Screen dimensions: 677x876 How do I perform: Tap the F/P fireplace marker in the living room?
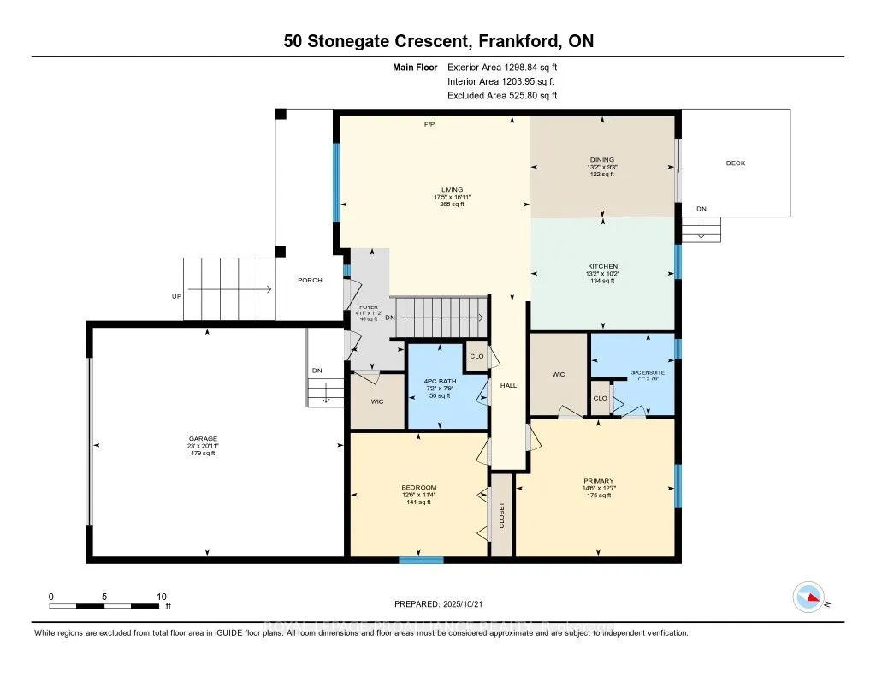[x=429, y=125]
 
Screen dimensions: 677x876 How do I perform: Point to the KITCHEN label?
[x=602, y=266]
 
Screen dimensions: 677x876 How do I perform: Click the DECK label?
[x=735, y=163]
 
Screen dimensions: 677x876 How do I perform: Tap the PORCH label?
[x=310, y=281]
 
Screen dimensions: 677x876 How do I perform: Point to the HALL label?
[x=508, y=386]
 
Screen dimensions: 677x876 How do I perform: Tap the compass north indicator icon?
[x=808, y=597]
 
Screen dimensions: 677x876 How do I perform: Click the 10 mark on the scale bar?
[x=161, y=597]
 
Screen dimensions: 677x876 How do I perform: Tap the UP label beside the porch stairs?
[x=177, y=297]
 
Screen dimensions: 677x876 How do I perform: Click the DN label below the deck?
[x=701, y=209]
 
